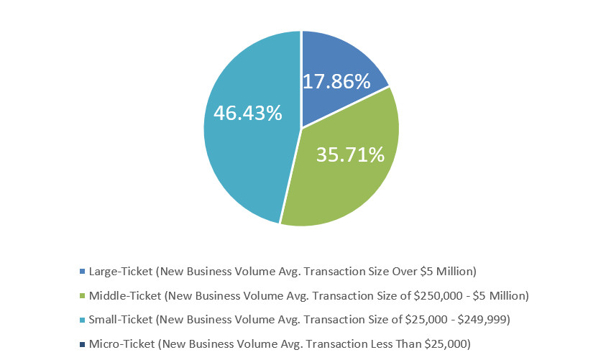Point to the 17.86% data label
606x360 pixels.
(x=336, y=80)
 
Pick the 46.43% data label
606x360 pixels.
(x=247, y=113)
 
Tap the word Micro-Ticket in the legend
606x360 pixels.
(x=117, y=343)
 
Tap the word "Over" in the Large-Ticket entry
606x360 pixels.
(x=407, y=272)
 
